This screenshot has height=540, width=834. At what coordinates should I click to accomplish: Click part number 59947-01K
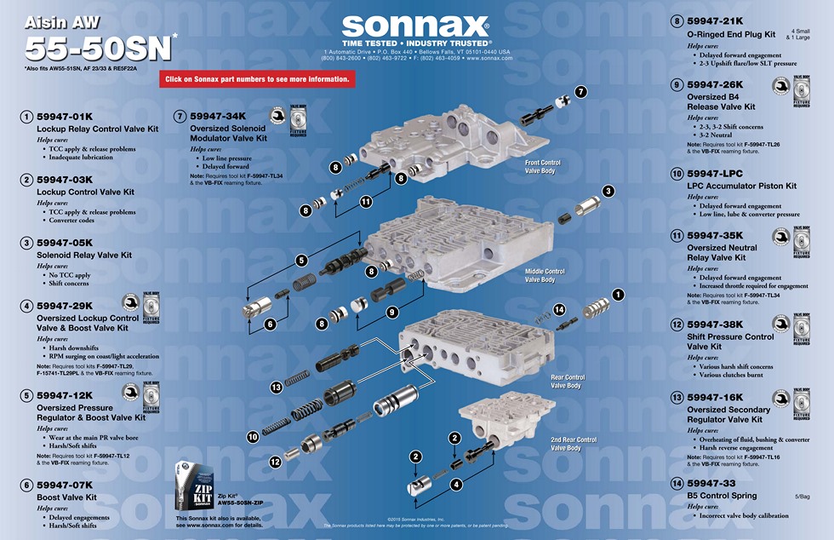click(x=64, y=116)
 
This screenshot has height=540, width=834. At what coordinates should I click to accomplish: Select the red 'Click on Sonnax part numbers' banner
click(x=257, y=79)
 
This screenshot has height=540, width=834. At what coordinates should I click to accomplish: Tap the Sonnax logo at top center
click(x=415, y=26)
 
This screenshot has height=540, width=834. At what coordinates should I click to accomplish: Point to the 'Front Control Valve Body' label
click(x=542, y=166)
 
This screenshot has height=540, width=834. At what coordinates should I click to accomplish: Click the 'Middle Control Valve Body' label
click(x=545, y=275)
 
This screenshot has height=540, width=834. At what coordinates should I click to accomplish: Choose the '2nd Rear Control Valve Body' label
click(x=573, y=444)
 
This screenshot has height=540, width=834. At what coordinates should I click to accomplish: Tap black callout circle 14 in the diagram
click(x=559, y=309)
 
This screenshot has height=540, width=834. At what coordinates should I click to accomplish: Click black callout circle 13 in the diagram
click(x=276, y=387)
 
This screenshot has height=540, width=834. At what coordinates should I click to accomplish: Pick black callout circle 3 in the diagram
click(x=608, y=192)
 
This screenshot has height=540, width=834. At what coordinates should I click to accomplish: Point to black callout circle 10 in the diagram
click(x=253, y=436)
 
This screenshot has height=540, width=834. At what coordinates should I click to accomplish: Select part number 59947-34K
click(x=218, y=116)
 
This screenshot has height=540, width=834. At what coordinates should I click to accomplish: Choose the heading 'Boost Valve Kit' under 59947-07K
click(x=66, y=497)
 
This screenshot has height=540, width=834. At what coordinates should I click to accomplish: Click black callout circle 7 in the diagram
click(x=580, y=91)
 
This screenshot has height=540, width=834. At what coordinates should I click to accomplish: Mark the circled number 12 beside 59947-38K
click(x=677, y=325)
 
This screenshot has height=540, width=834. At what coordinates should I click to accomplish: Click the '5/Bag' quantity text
click(x=803, y=496)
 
